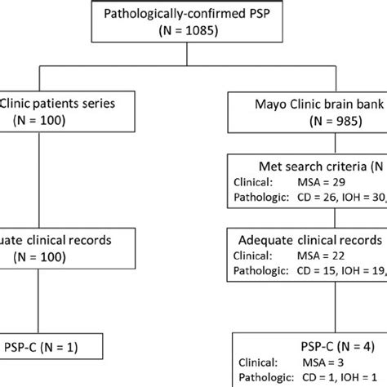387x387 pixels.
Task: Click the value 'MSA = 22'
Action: tap(321, 259)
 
